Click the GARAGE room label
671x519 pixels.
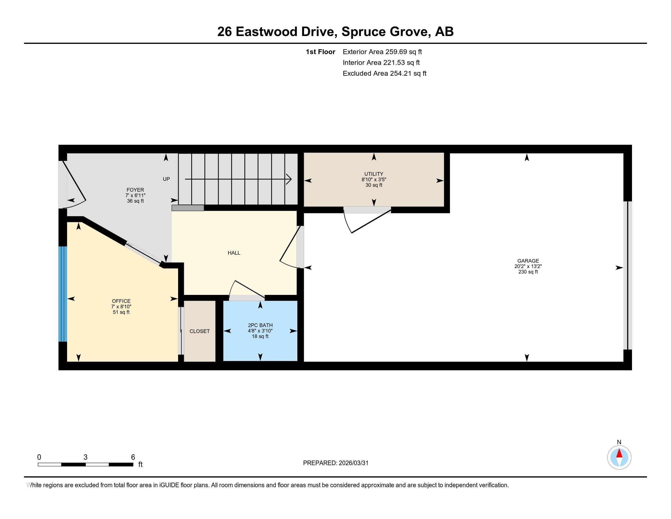(528, 261)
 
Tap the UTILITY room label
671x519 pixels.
(374, 174)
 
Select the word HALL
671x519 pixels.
(234, 253)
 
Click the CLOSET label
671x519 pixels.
(199, 331)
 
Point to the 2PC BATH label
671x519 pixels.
(260, 325)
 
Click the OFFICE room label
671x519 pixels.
(121, 301)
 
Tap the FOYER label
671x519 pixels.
(135, 190)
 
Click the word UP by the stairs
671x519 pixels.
(166, 179)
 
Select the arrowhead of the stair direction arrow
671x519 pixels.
(289, 179)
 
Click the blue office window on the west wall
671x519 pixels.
(63, 294)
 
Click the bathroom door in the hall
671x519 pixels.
(247, 289)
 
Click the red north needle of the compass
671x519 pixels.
(619, 454)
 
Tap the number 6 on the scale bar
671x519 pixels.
(133, 457)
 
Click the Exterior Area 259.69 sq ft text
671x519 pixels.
(382, 52)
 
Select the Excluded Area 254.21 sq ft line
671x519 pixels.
(384, 73)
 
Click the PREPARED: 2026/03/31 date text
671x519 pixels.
(335, 463)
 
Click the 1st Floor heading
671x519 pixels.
(320, 52)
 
